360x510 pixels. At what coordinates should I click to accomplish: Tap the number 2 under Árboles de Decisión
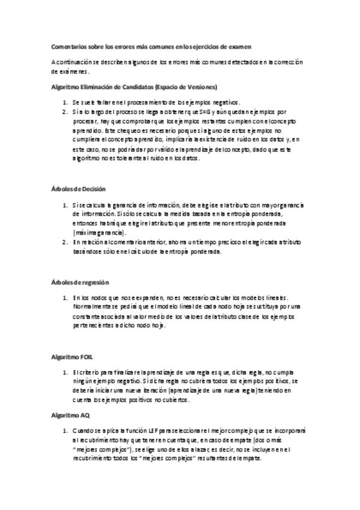click(64, 242)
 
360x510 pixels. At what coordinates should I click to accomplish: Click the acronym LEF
click(144, 431)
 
